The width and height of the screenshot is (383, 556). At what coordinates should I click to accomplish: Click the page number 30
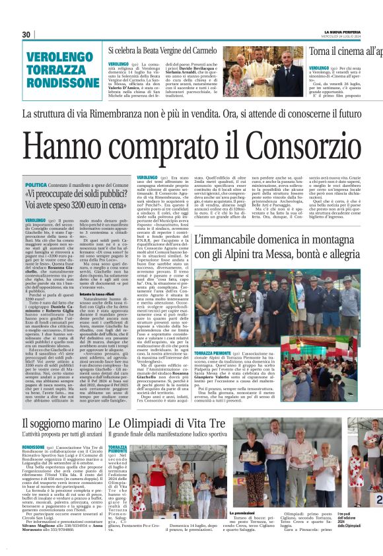[x=26, y=34]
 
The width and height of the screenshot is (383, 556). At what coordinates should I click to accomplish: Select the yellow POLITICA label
[x=36, y=186]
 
